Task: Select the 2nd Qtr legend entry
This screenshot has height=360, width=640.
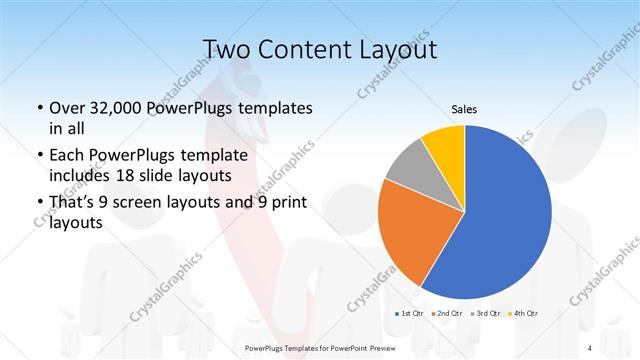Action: tap(447, 313)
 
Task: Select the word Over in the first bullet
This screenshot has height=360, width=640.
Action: tap(67, 107)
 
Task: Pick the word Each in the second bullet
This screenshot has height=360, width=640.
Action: tap(67, 155)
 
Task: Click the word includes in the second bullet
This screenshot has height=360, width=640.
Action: tap(80, 174)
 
